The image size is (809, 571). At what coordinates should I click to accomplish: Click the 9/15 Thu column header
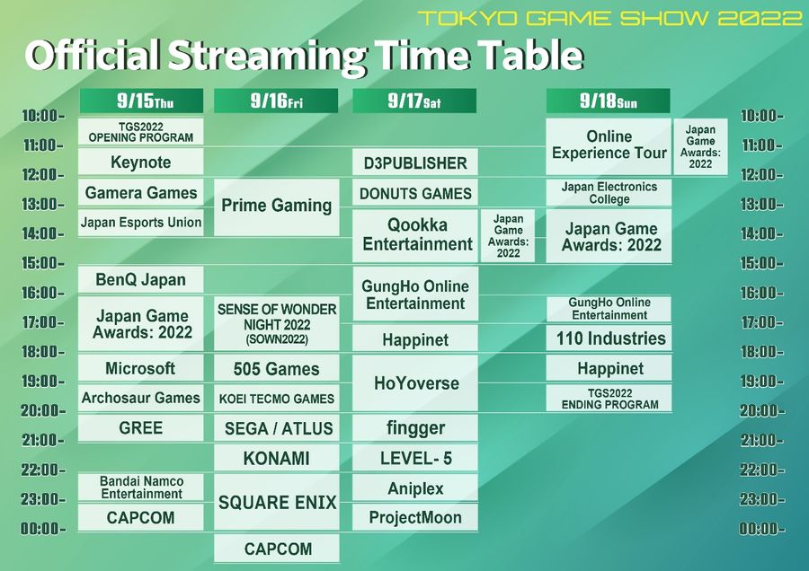click(141, 101)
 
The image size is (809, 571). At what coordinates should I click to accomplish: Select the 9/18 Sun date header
click(609, 101)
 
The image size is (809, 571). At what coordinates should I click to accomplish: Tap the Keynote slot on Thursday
click(141, 163)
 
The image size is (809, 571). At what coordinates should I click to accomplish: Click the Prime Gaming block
click(277, 206)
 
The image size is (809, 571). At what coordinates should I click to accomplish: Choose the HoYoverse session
click(416, 383)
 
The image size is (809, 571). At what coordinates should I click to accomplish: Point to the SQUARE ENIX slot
click(277, 503)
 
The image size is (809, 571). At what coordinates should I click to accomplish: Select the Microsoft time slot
click(141, 368)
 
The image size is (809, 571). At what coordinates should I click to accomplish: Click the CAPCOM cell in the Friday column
click(277, 549)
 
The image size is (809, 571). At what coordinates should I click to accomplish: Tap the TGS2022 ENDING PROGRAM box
click(609, 399)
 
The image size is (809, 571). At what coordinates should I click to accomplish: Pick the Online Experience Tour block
click(609, 145)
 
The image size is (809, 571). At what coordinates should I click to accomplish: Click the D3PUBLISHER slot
click(415, 163)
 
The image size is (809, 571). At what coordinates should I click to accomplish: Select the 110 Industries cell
click(609, 338)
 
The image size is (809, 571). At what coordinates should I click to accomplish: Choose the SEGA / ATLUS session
click(277, 428)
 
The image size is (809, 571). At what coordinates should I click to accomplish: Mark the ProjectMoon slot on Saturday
click(415, 517)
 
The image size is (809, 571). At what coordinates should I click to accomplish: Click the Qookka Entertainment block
click(416, 235)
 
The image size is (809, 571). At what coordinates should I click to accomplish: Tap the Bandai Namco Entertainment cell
click(141, 488)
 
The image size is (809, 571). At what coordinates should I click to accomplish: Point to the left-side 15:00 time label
click(42, 263)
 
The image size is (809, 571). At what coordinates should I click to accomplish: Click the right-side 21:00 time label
click(761, 440)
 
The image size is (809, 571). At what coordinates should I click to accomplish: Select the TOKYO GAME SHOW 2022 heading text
click(610, 19)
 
